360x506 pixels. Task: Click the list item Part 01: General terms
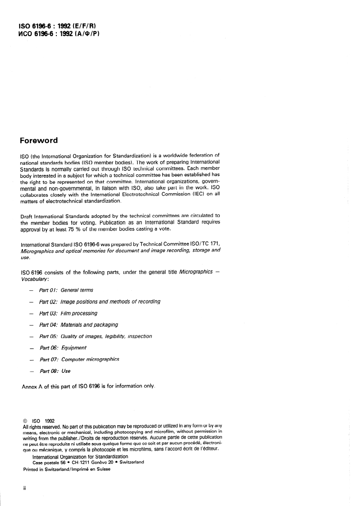(66, 290)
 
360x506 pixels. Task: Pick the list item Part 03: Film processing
(68, 313)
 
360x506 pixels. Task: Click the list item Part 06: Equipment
(63, 348)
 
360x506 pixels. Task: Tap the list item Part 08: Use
(55, 371)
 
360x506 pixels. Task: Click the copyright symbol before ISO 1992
(25, 419)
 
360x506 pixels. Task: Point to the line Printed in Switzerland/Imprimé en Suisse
(66, 469)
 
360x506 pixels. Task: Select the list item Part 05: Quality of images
(95, 336)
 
